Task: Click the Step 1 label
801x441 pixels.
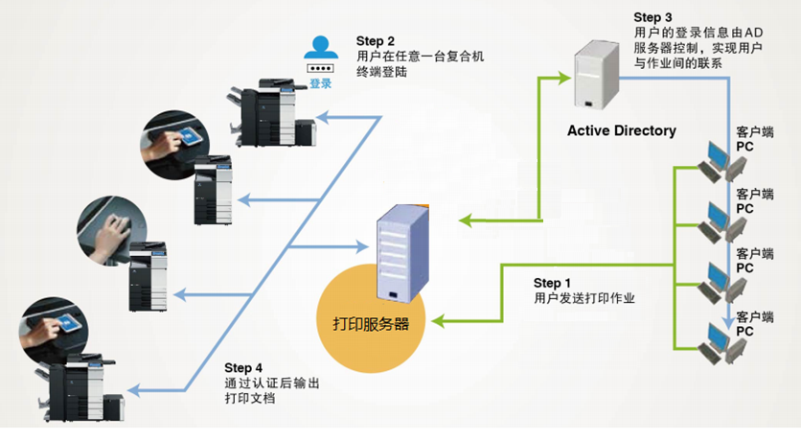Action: tap(552, 283)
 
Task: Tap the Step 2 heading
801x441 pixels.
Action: tap(376, 41)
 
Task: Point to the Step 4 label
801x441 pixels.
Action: tap(243, 368)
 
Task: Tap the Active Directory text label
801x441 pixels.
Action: tap(621, 130)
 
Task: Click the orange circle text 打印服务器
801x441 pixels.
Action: tap(364, 323)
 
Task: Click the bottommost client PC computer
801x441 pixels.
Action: tap(716, 342)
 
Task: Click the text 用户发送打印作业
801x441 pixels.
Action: tap(585, 298)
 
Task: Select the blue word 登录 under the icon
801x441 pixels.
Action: tap(320, 84)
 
